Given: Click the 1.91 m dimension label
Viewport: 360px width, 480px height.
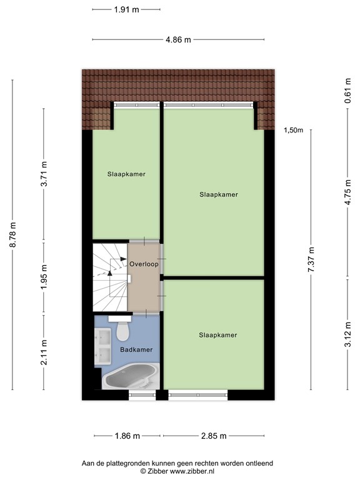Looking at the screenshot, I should click(x=126, y=9).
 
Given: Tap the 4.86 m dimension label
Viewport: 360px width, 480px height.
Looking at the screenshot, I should click(x=178, y=39).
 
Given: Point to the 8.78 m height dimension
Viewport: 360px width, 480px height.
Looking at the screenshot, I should click(x=12, y=234).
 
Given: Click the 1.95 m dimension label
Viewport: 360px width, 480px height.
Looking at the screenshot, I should click(x=44, y=275).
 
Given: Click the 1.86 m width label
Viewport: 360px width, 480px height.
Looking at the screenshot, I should click(x=127, y=436).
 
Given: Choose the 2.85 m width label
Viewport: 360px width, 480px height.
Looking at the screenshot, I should click(x=213, y=436).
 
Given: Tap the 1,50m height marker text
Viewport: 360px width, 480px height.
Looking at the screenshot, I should click(x=293, y=130).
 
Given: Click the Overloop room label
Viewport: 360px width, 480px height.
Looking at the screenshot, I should click(x=144, y=264).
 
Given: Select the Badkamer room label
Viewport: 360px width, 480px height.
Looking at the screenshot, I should click(x=136, y=350).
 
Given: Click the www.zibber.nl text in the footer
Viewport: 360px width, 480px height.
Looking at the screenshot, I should click(x=197, y=471).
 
